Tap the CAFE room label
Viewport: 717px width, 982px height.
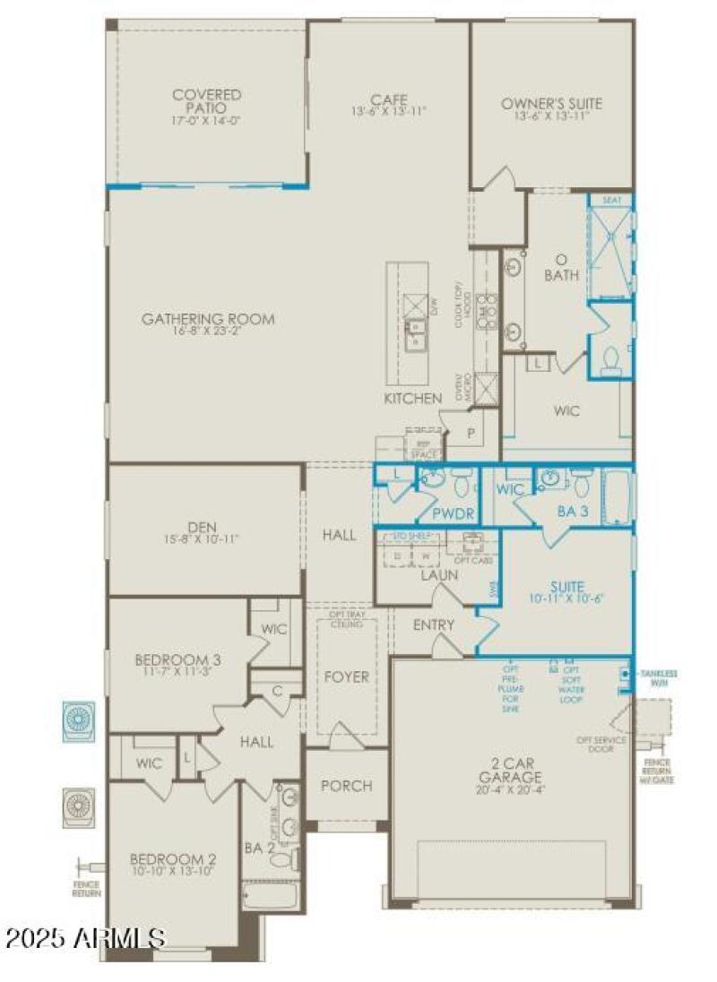389,99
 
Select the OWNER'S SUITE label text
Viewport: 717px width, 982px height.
551,104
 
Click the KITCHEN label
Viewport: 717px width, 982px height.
413,398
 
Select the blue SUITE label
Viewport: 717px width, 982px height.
567,587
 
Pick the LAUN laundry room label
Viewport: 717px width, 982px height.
439,574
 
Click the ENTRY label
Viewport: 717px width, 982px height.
433,625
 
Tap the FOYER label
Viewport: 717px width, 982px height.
346,676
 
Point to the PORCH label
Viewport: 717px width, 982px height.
346,786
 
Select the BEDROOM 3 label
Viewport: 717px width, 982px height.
177,660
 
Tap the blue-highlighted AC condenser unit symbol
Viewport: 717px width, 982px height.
77,721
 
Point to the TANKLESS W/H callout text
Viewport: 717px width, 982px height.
658,677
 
